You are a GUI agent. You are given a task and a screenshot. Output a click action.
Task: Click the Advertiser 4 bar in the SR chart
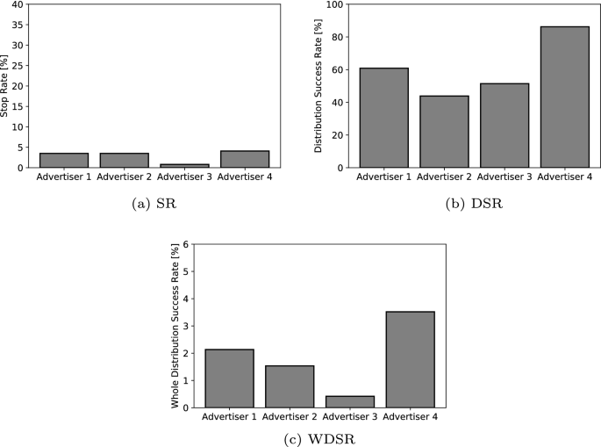point(244,159)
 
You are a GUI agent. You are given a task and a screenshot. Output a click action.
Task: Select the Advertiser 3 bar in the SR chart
point(183,165)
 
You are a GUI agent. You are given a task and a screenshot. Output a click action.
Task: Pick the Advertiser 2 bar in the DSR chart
point(443,132)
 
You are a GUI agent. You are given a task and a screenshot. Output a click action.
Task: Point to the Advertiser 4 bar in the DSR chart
point(563,97)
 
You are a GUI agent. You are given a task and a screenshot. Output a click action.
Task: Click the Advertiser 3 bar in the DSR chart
point(504,126)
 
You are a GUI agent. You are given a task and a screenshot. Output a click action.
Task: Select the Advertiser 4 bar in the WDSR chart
point(410,359)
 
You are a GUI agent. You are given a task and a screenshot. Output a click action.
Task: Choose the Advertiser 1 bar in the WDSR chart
point(229,379)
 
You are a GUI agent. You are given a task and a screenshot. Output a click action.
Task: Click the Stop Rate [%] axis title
point(6,85)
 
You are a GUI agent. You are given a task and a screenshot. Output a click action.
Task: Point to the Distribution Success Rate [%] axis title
point(319,85)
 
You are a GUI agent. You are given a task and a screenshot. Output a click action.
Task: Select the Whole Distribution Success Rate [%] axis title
point(176,326)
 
